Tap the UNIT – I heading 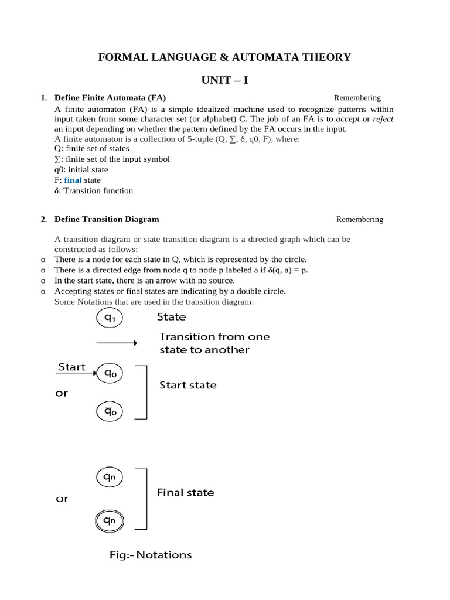pos(224,80)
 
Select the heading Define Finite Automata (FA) pos(114,98)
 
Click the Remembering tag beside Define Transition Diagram pos(359,219)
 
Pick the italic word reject pos(383,119)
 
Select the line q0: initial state pos(81,170)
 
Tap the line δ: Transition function pos(94,191)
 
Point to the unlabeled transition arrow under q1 pos(116,343)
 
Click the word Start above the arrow pos(71,367)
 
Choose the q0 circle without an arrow pos(110,411)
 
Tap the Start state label pos(188,386)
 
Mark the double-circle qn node pos(110,520)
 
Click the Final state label pos(186,493)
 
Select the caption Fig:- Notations pos(151,554)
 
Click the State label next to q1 pos(171,317)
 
